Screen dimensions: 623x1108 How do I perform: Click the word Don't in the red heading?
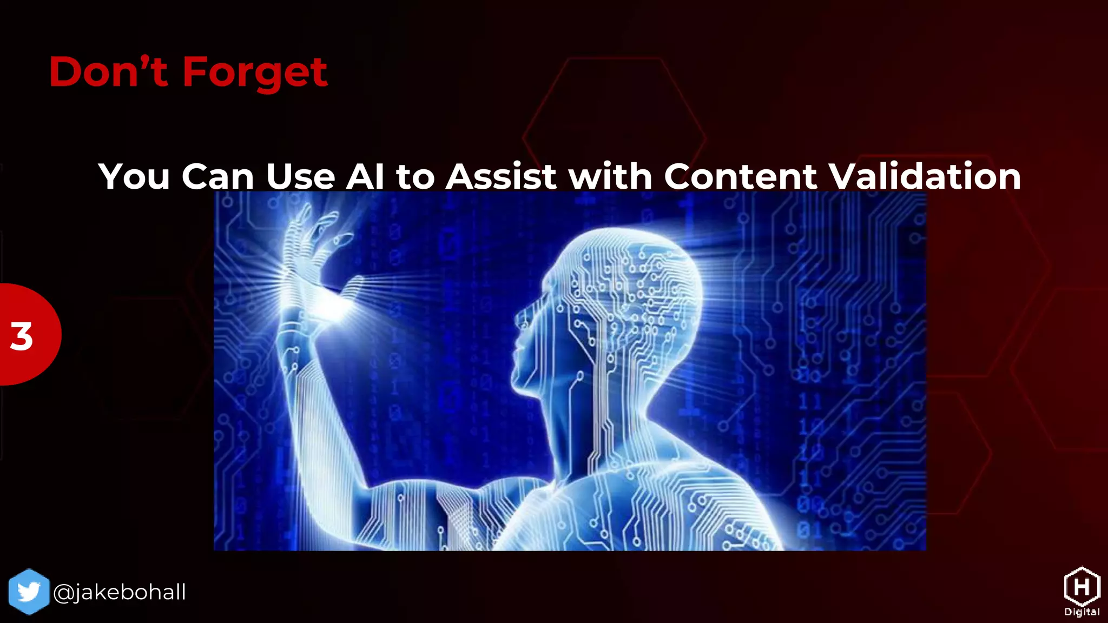(x=108, y=72)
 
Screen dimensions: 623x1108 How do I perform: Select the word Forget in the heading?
(x=255, y=73)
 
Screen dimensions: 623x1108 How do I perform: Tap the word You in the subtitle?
(x=134, y=176)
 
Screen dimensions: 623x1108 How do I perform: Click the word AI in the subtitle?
(x=365, y=176)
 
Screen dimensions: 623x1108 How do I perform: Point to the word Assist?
(x=501, y=176)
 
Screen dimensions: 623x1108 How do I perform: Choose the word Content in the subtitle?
(x=741, y=176)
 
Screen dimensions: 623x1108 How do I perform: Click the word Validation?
(x=925, y=176)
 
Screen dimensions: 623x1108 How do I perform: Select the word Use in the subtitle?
(x=300, y=176)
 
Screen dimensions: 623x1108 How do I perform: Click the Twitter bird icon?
(x=29, y=592)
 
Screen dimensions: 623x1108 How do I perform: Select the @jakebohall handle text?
(x=120, y=592)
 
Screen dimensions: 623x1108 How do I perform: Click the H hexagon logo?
(x=1081, y=587)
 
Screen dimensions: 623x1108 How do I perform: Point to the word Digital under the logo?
(x=1081, y=612)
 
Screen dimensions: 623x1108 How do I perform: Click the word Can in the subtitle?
(x=217, y=176)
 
